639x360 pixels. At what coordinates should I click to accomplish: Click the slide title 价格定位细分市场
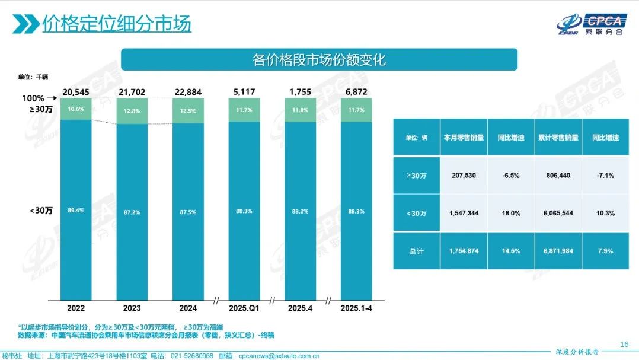116,24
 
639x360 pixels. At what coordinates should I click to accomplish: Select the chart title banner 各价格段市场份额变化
319,60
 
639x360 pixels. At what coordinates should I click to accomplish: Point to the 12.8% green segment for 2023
132,111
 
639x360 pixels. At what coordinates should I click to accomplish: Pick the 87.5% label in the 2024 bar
188,211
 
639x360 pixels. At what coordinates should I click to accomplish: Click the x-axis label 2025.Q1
244,308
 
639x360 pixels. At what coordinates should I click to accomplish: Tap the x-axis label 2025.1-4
356,308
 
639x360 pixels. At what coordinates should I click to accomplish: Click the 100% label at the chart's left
33,98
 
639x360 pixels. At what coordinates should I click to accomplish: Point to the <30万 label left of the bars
40,210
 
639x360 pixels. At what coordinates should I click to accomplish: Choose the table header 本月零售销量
464,137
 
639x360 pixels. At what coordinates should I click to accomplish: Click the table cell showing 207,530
464,176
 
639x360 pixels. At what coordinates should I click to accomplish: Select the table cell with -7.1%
605,176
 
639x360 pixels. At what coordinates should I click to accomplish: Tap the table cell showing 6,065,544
558,213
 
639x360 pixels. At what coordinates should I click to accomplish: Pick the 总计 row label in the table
416,251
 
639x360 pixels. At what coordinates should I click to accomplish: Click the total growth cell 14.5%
510,251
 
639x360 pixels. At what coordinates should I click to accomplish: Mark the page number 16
624,344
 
